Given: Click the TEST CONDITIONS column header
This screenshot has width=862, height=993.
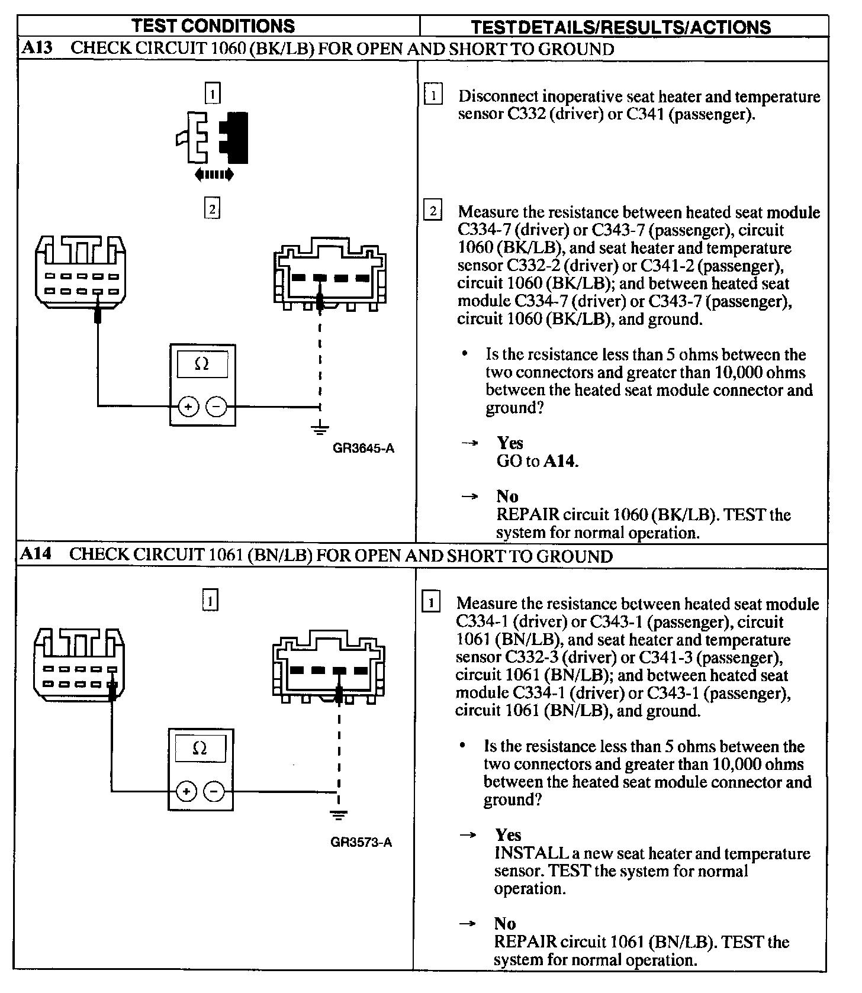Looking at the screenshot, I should click(x=213, y=25).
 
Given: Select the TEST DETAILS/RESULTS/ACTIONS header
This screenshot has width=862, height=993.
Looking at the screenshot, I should click(x=621, y=27).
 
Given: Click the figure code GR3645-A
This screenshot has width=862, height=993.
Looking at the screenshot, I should click(x=364, y=448).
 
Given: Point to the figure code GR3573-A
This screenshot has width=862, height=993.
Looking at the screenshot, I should click(x=361, y=843).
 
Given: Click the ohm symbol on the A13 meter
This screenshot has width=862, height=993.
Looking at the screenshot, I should click(x=202, y=364).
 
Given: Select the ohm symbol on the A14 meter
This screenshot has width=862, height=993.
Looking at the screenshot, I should click(x=200, y=749).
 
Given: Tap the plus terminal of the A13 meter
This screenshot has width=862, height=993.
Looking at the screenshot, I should click(x=188, y=407).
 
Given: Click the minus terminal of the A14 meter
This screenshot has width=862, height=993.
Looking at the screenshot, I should click(x=214, y=791).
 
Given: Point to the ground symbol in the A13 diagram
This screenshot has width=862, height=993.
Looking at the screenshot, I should click(x=320, y=427).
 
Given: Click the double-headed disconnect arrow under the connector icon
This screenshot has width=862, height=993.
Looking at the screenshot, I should click(x=214, y=175).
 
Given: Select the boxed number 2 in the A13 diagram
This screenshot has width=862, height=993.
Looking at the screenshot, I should click(x=212, y=208).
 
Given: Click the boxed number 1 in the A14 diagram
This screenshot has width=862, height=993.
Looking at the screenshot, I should click(x=210, y=601).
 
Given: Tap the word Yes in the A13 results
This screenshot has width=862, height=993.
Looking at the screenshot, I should click(x=510, y=443).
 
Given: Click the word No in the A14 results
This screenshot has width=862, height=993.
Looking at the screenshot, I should click(x=505, y=923).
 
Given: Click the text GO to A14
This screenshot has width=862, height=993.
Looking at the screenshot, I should click(x=537, y=461).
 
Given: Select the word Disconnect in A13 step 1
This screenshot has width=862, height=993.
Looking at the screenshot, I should click(x=499, y=96).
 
